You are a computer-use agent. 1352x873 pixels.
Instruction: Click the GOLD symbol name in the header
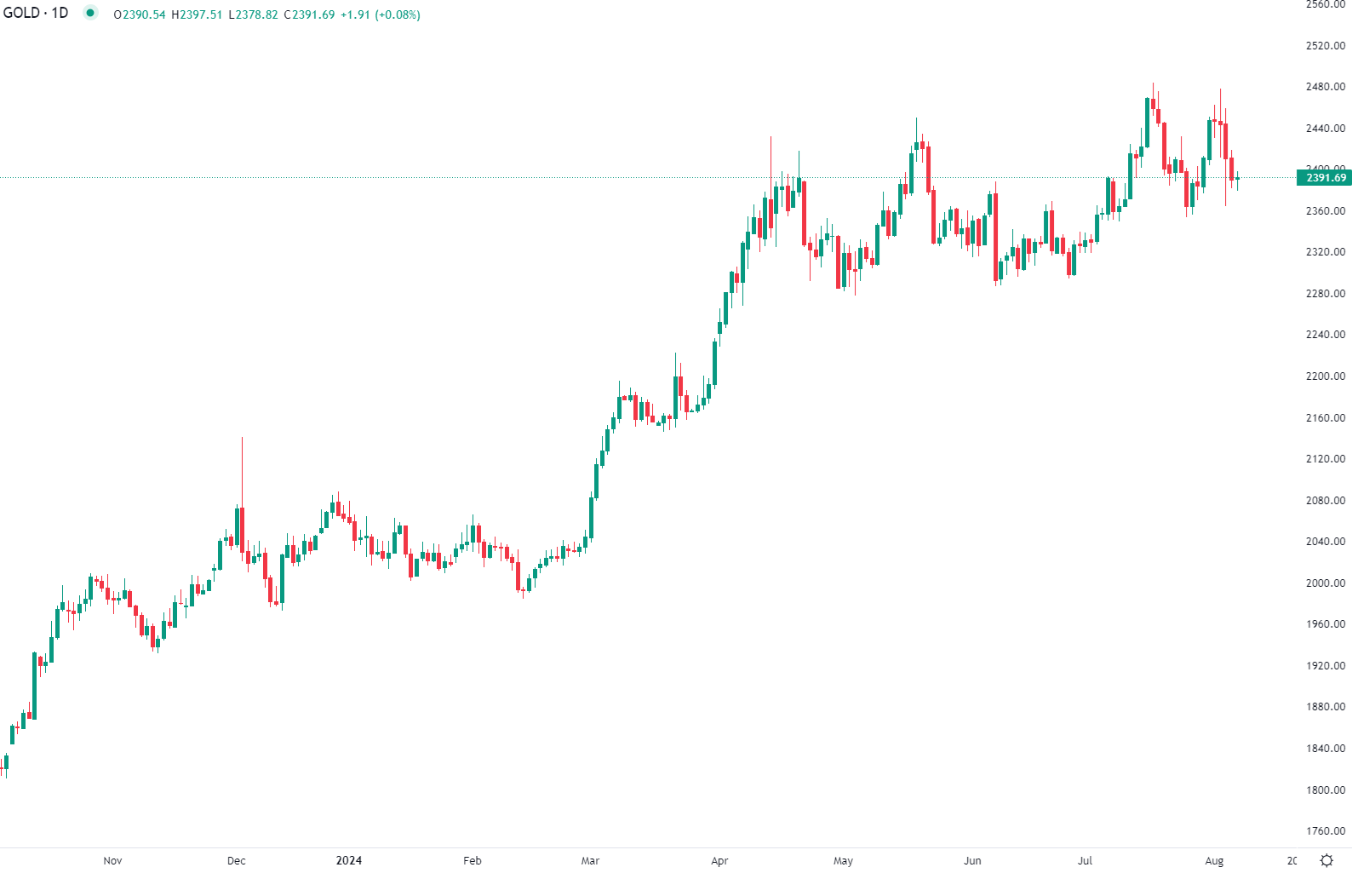(21, 13)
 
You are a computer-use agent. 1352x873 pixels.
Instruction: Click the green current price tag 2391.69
(1325, 178)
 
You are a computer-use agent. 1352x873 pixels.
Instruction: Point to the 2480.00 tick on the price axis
(1325, 87)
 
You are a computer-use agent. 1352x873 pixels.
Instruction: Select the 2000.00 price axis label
(1325, 583)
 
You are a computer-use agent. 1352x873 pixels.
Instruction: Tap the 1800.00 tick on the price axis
(1325, 790)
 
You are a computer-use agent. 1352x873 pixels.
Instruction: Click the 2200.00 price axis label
(1325, 376)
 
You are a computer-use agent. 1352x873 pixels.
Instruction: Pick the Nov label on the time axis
(112, 861)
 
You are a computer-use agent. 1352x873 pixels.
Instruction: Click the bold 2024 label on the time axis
(349, 861)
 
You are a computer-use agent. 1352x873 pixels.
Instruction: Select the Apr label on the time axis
(719, 861)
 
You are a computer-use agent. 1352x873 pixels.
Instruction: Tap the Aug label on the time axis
(1214, 861)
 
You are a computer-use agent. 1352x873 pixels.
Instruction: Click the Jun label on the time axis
(972, 861)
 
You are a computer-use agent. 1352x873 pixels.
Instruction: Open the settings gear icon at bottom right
(1326, 860)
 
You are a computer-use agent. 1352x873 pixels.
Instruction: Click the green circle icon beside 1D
(90, 13)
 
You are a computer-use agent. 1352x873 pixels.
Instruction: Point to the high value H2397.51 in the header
(197, 14)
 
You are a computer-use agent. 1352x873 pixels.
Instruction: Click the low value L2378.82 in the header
(253, 14)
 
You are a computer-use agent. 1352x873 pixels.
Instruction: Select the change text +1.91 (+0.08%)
(380, 14)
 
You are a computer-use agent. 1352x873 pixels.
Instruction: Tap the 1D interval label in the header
(60, 13)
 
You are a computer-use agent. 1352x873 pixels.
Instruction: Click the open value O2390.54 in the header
(140, 14)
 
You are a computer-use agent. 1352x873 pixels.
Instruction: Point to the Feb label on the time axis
(473, 861)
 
